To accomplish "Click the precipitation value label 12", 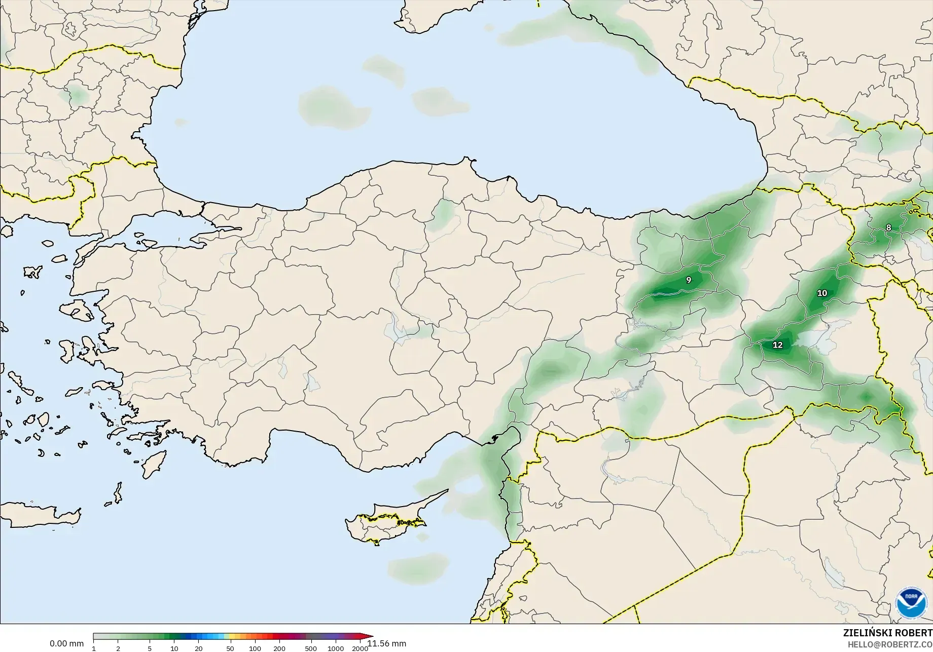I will pos(777,346).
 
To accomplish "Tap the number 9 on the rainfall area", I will pos(689,280).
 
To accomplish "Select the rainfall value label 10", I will pos(822,293).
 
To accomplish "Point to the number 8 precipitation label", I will pos(888,228).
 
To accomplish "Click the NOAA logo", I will pos(912,603).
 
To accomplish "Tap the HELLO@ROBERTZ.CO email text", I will pos(890,645).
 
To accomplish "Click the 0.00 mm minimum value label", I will pos(66,644).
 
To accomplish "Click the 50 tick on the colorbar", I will pos(230,648).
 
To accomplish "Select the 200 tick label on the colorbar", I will pos(279,648).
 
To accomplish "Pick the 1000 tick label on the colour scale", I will pos(336,648).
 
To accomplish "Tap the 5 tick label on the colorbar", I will pos(150,648).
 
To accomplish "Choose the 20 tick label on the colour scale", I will pos(199,648).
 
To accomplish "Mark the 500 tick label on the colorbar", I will pos(311,648).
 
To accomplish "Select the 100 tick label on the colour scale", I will pos(255,648).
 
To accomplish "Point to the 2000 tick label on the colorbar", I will pos(360,648).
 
